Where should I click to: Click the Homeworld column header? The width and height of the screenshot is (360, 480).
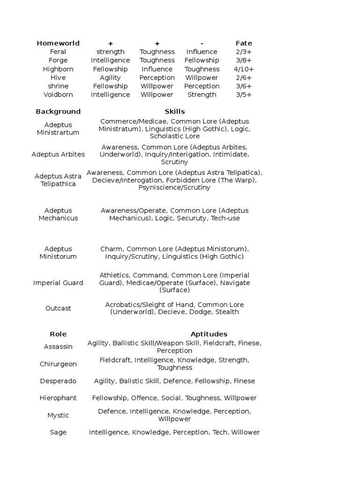[x=58, y=43]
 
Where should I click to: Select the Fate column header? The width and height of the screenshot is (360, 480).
[x=244, y=43]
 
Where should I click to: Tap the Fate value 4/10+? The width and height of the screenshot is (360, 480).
[x=244, y=69]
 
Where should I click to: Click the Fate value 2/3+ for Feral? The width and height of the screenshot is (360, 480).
[x=244, y=52]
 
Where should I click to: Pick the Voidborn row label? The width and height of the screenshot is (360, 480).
[x=58, y=95]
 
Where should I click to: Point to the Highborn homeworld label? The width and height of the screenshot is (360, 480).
[x=58, y=69]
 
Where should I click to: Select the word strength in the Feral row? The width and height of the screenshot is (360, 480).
[x=110, y=52]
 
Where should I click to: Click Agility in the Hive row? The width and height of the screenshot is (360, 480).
[x=110, y=77]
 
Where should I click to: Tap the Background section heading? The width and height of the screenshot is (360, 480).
[x=58, y=112]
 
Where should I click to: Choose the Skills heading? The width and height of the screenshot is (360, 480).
[x=174, y=112]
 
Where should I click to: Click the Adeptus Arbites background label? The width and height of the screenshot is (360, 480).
[x=58, y=154]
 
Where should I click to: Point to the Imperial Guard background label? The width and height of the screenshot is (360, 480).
[x=58, y=283]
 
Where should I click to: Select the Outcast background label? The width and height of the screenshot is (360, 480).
[x=58, y=308]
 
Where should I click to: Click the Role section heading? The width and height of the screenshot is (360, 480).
[x=58, y=334]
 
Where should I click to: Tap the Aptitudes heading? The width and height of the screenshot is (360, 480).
[x=209, y=334]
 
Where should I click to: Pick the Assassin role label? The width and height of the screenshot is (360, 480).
[x=58, y=347]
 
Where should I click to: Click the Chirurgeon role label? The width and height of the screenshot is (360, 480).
[x=58, y=364]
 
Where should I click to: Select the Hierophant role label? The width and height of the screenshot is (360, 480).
[x=58, y=398]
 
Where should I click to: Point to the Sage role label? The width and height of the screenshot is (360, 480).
[x=58, y=432]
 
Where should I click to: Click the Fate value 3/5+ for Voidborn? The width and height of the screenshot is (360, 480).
[x=244, y=95]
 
